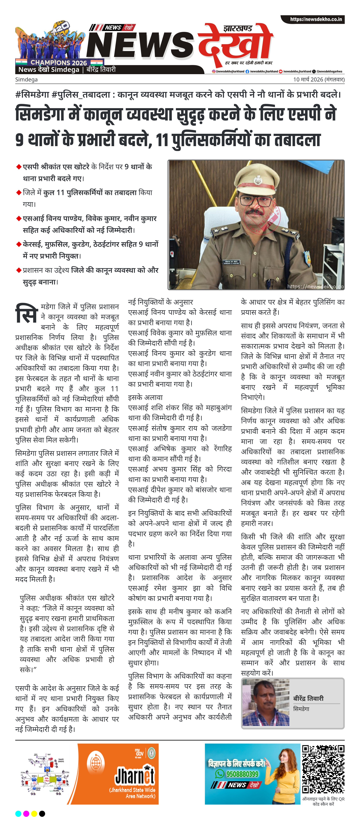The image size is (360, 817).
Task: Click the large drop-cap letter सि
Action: point(27,313)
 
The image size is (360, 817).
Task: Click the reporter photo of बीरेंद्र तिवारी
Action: point(265,704)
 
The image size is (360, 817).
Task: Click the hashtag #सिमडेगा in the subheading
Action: point(32,95)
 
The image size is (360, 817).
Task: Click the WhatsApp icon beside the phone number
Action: point(219,774)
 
